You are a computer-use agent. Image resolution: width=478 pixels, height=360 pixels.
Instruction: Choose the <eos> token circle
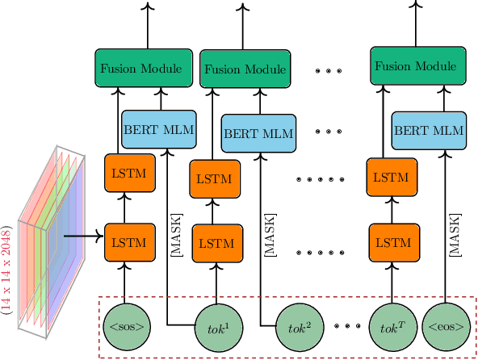446,327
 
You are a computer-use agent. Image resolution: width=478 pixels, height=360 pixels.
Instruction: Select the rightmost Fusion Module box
420,66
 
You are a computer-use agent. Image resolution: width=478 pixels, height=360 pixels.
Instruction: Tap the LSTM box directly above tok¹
216,241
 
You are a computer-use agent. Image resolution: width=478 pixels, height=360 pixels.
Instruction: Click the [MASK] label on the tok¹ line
176,235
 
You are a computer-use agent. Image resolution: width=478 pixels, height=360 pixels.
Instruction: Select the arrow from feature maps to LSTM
84,237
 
